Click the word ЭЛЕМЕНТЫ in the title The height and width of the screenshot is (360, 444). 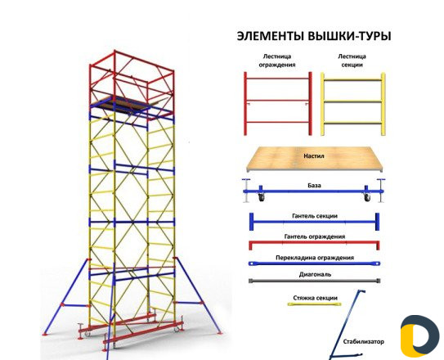tap(271, 36)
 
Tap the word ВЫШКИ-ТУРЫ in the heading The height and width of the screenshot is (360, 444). tap(349, 36)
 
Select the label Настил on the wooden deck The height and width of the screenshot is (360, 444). tap(314, 155)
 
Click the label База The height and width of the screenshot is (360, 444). tap(314, 186)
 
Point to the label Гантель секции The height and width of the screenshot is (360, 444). tap(315, 216)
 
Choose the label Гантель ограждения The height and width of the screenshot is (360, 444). tap(315, 236)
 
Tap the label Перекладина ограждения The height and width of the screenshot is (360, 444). tap(315, 258)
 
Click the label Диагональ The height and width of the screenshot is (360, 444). tap(315, 274)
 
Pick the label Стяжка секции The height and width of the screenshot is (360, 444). tap(315, 298)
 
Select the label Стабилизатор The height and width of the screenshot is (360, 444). tap(364, 341)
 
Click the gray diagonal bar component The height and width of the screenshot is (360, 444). tap(315, 281)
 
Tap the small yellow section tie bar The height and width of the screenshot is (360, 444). tap(314, 304)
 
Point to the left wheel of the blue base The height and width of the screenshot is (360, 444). tap(262, 198)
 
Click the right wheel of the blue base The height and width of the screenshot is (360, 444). tap(367, 198)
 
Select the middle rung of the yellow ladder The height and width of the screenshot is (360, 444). tap(352, 101)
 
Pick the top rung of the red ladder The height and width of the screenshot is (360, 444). tap(278, 79)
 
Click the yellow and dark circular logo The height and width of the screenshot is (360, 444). tap(419, 336)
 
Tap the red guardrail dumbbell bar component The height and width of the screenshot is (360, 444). tap(314, 244)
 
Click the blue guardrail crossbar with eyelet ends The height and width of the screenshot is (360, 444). tap(314, 263)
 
